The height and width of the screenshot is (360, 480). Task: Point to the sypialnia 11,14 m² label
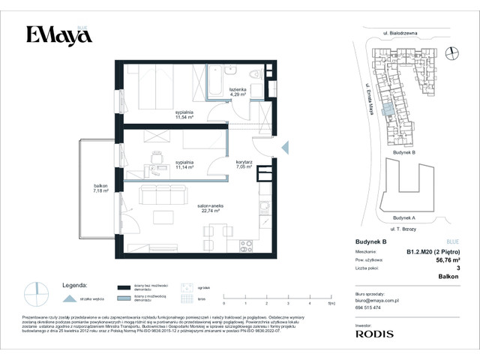point(184,165)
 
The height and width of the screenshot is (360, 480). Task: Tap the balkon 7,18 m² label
point(100,188)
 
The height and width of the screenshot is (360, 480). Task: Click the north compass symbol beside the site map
point(451,52)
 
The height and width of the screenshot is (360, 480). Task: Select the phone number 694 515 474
point(367,307)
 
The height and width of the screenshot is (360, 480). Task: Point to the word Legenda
point(76,286)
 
